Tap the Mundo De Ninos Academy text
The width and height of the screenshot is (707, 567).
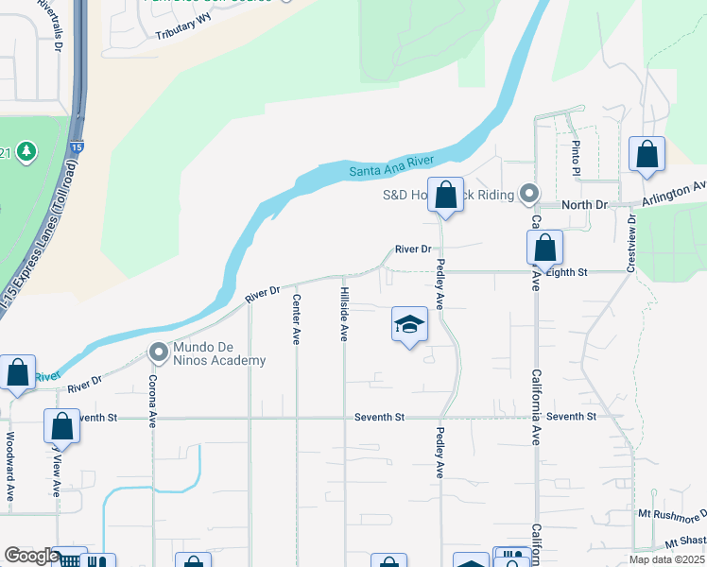coord(219,353)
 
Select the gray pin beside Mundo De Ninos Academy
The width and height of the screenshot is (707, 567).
coord(158,353)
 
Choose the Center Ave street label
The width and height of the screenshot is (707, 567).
coord(297,318)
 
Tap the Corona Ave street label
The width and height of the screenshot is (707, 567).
coord(152,402)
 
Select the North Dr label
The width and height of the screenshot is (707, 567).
coord(584,205)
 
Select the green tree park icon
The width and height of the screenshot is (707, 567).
coord(26,151)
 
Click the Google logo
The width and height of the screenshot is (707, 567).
coord(30,556)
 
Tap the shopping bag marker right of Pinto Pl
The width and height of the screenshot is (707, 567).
coord(647,155)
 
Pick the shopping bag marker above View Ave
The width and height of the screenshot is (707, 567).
coord(61,427)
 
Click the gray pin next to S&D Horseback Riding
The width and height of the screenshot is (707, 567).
coord(529,195)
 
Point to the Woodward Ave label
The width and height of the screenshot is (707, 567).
coord(10,467)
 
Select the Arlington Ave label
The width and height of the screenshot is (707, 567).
coord(674,194)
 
